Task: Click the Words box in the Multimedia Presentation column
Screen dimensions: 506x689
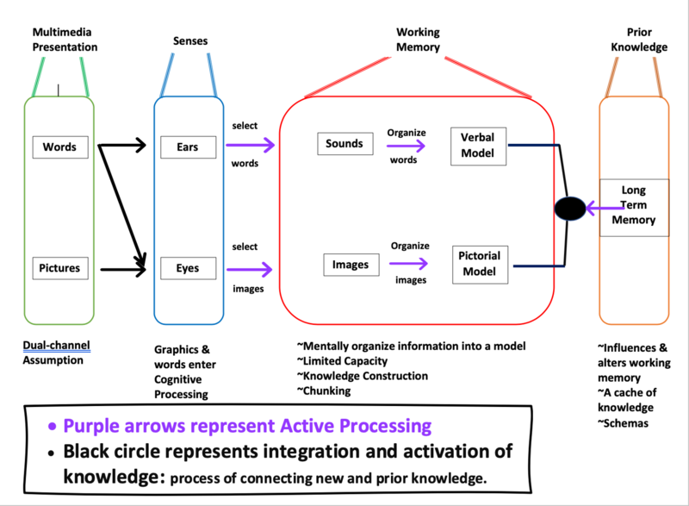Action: coord(59,147)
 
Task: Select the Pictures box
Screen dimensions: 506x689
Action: coord(59,268)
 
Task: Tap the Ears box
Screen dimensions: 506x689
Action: coord(187,147)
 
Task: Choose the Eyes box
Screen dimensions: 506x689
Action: coord(187,268)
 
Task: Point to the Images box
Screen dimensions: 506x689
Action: coord(351,265)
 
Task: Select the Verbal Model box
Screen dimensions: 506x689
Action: coord(479,143)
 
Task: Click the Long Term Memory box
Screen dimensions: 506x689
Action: coord(638,208)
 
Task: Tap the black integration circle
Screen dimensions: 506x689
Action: coord(569,208)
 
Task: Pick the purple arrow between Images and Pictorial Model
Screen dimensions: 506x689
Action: coord(411,265)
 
